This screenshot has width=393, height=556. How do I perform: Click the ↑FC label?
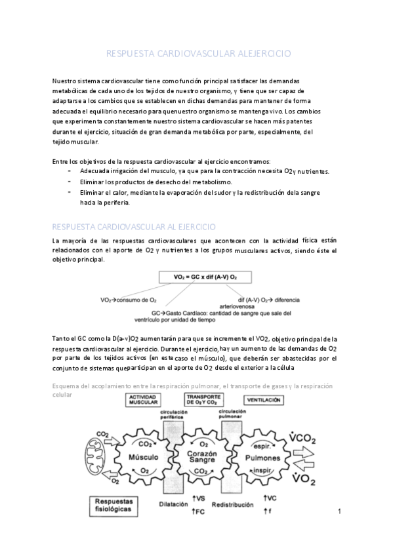[x=201, y=511]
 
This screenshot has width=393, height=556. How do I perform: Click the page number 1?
[x=341, y=511]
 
